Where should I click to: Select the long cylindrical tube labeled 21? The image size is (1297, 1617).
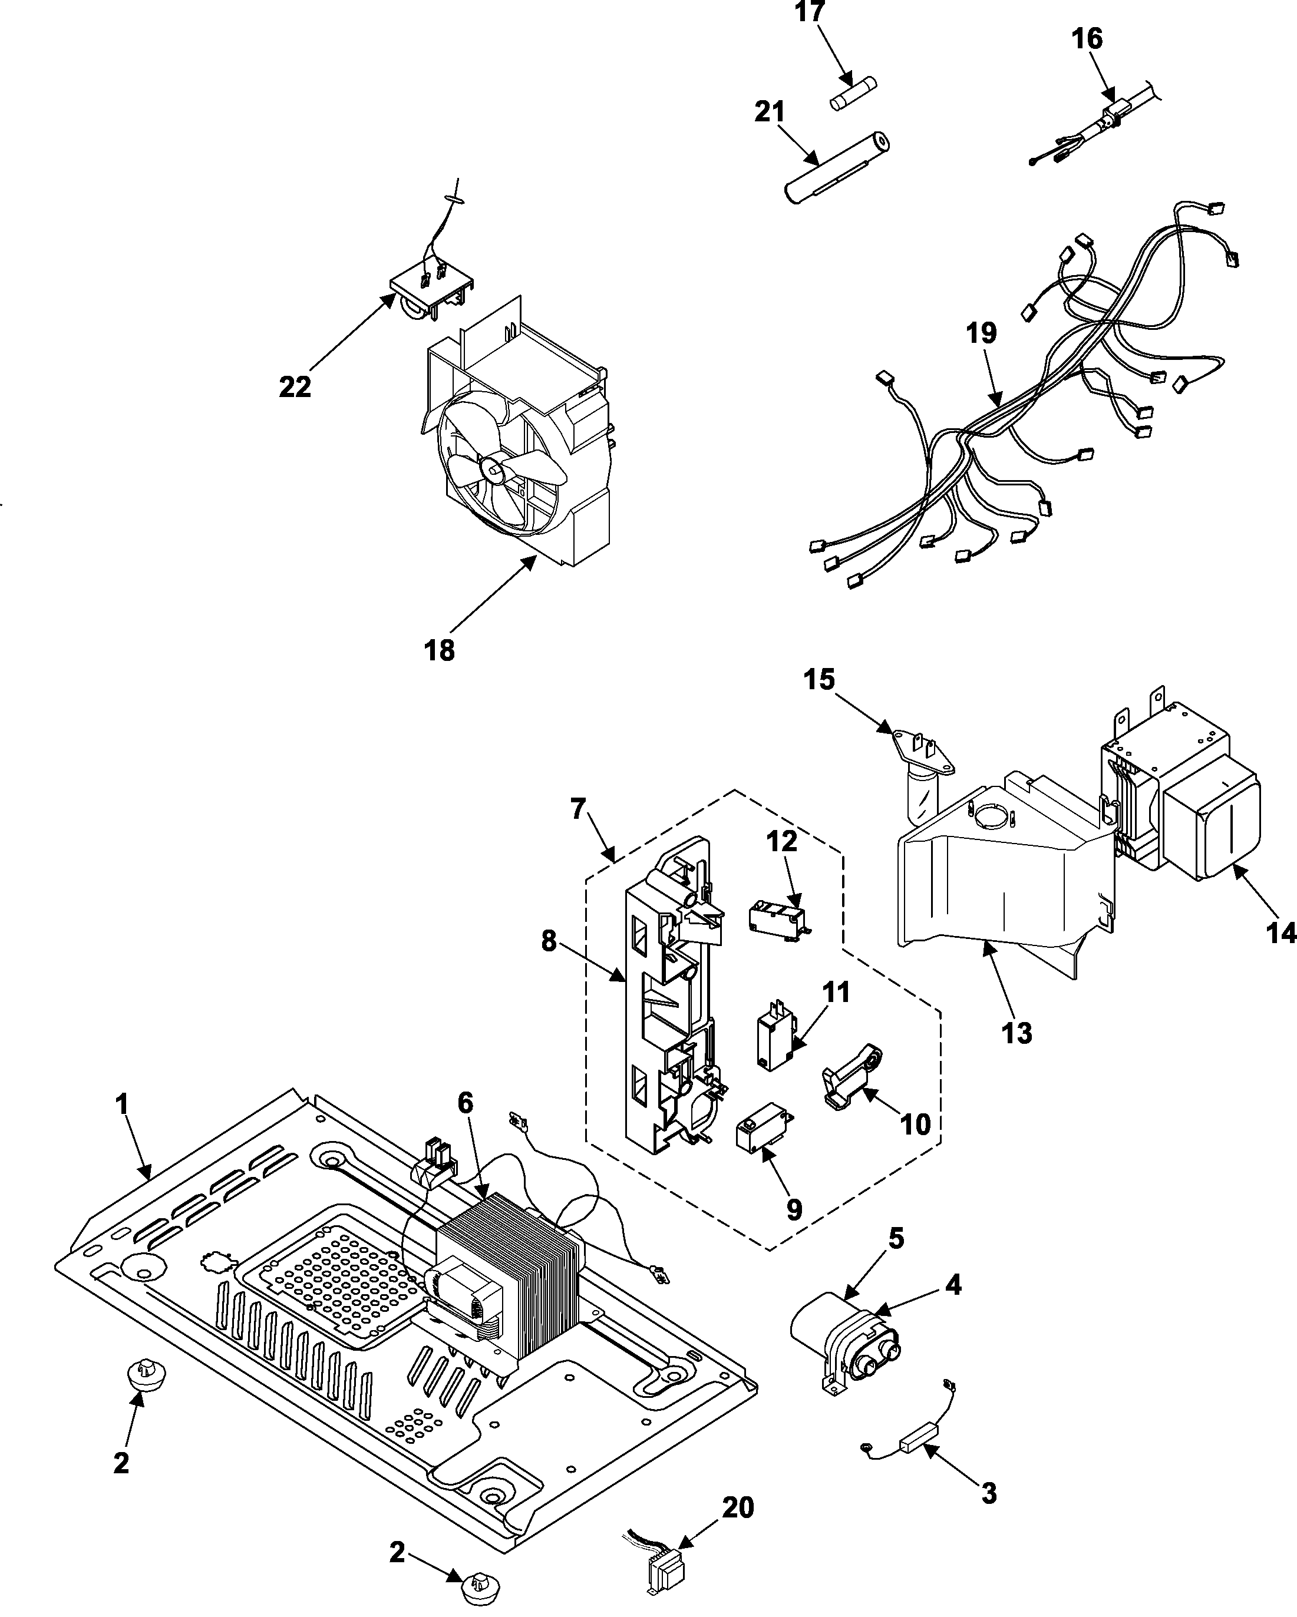pos(836,167)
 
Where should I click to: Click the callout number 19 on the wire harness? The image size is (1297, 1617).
pos(981,333)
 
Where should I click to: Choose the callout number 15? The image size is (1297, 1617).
pos(819,680)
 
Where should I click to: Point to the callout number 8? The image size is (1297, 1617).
pos(549,942)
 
